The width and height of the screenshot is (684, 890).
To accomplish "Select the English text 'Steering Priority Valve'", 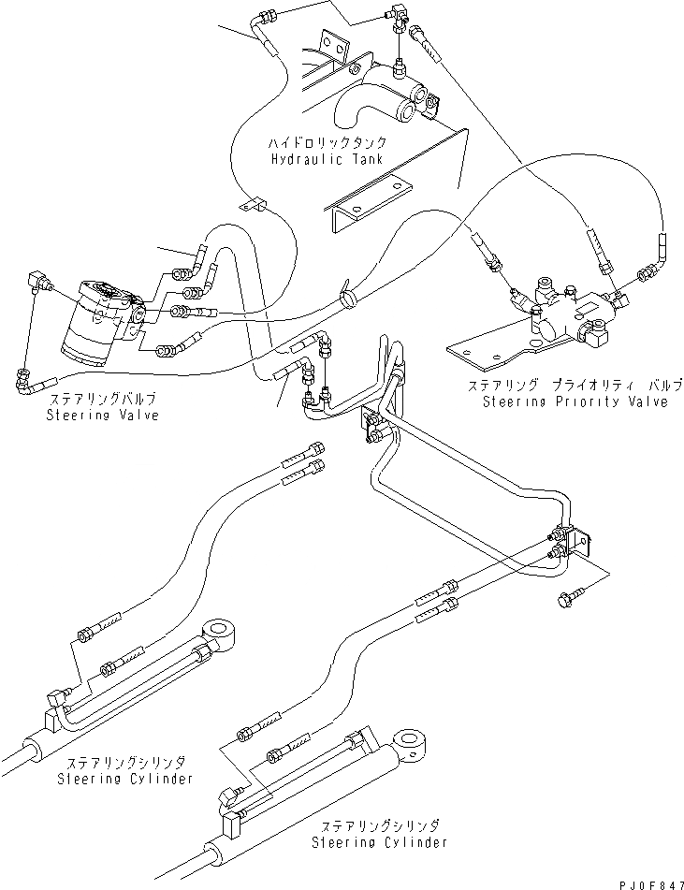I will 575,402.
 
